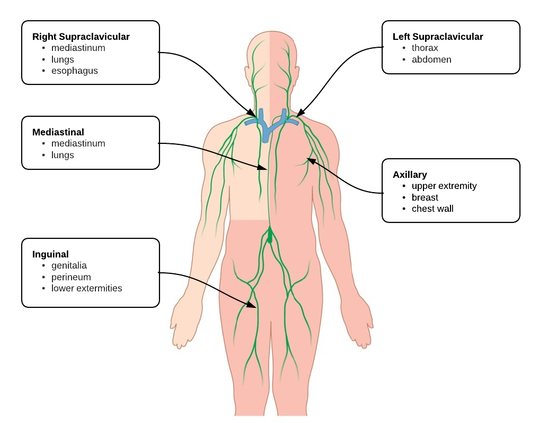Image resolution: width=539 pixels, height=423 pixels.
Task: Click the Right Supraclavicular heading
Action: click(81, 37)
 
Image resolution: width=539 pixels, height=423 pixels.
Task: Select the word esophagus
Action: click(74, 71)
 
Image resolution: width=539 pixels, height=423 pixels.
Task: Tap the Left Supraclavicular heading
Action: click(438, 37)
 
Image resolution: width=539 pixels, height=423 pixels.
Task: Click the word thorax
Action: click(425, 48)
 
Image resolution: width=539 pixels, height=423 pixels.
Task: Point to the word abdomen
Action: click(431, 59)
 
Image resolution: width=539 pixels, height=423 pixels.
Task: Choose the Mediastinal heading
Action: click(58, 132)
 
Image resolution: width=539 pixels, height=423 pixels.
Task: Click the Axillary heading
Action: click(410, 175)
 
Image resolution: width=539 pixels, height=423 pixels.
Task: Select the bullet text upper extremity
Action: click(444, 186)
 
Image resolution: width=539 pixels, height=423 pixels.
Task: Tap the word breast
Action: click(425, 197)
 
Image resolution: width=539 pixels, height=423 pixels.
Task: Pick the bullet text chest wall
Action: click(432, 209)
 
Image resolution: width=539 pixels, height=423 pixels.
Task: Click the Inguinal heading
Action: click(50, 254)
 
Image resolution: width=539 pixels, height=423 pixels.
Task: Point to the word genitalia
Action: click(69, 265)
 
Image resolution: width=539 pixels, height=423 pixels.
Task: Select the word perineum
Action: click(71, 277)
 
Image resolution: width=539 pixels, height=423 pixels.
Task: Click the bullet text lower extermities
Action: click(86, 289)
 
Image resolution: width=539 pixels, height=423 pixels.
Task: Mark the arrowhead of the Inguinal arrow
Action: click(253, 305)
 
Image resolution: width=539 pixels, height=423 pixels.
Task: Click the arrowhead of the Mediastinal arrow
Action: click(267, 168)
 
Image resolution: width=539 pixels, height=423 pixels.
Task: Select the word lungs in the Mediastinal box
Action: click(63, 155)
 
